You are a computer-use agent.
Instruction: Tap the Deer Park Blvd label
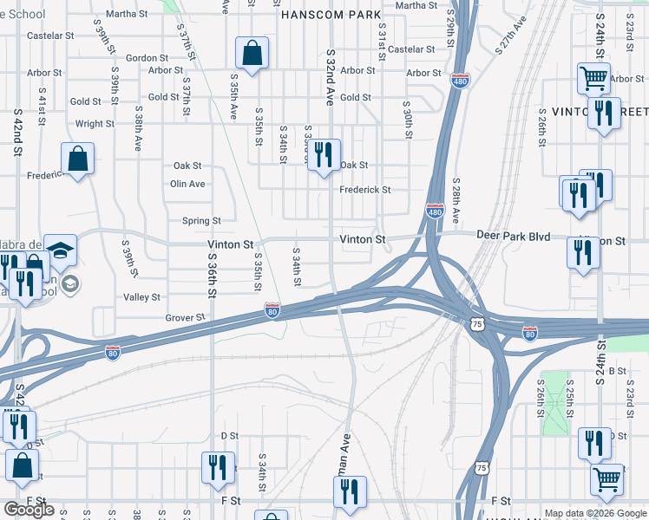tap(514, 236)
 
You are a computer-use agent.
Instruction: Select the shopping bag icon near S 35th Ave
tap(251, 54)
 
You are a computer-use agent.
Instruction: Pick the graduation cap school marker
tap(61, 250)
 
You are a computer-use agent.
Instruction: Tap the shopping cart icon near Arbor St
tap(594, 79)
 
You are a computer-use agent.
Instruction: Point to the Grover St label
tap(186, 318)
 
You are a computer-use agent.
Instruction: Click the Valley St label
tap(141, 297)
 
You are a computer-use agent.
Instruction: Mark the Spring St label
tap(201, 221)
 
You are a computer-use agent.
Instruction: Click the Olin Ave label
tap(187, 184)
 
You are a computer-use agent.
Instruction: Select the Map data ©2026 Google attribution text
tap(594, 513)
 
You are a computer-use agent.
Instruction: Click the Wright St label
tap(95, 124)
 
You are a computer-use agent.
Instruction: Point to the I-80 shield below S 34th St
tap(272, 310)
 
